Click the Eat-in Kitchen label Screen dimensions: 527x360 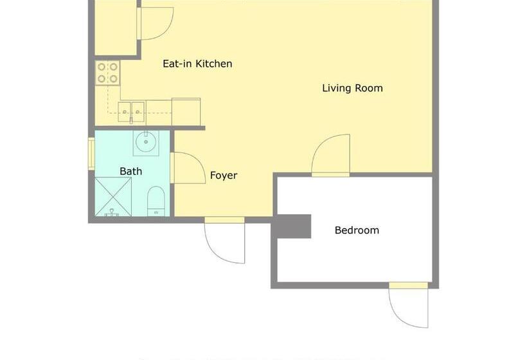197,64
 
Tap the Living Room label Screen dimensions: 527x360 353,88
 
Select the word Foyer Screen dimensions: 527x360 224,175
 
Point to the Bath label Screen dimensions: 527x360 130,171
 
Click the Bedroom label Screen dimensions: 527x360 357,230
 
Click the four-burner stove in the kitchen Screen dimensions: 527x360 107,73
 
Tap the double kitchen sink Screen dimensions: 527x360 131,113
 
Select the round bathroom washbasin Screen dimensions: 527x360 146,142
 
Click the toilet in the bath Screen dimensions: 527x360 156,201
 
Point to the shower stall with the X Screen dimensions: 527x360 113,197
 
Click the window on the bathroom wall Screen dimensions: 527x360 91,154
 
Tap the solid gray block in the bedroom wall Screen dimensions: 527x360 291,226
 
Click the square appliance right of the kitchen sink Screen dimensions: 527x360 186,112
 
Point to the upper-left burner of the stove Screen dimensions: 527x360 102,67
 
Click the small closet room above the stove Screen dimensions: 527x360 115,28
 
